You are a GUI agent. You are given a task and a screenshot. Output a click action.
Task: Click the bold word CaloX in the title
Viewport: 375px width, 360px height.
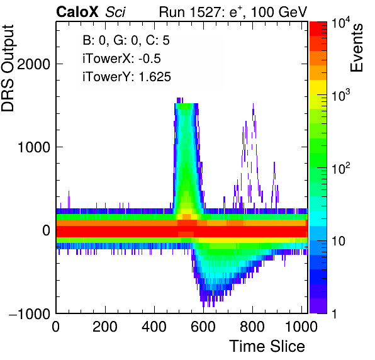(77, 12)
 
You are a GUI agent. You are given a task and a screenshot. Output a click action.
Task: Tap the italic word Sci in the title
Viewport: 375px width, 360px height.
(115, 12)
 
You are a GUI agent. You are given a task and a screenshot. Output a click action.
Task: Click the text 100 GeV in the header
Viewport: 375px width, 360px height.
(279, 12)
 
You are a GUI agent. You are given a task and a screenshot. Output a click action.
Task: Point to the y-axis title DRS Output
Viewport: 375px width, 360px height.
(8, 68)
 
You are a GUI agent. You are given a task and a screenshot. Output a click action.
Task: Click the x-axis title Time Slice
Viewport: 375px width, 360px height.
(267, 346)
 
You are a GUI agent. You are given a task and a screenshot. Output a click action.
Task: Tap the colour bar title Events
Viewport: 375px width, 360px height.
(356, 48)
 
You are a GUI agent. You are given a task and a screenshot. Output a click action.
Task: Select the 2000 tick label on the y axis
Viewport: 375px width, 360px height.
(33, 64)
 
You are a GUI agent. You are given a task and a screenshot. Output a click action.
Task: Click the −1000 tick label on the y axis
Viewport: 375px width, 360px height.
(30, 313)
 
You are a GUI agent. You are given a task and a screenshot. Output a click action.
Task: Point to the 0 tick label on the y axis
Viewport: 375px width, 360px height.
(47, 230)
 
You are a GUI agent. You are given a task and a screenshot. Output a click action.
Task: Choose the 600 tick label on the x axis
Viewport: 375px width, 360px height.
(203, 327)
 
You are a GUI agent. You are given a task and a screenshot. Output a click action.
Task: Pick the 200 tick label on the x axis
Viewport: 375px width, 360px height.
(104, 327)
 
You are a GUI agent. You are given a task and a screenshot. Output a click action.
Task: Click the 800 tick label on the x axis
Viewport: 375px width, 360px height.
(252, 327)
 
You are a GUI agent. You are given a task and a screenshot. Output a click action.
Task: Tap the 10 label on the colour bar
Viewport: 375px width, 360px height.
(338, 241)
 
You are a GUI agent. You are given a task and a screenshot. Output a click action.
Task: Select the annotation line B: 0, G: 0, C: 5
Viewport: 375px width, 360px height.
(126, 40)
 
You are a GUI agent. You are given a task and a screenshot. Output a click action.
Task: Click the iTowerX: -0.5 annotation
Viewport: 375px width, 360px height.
(121, 59)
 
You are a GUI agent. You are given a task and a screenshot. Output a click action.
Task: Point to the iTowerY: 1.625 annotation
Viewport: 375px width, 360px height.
(126, 77)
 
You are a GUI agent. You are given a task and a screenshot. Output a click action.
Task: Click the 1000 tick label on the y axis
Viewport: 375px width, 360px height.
(34, 147)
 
